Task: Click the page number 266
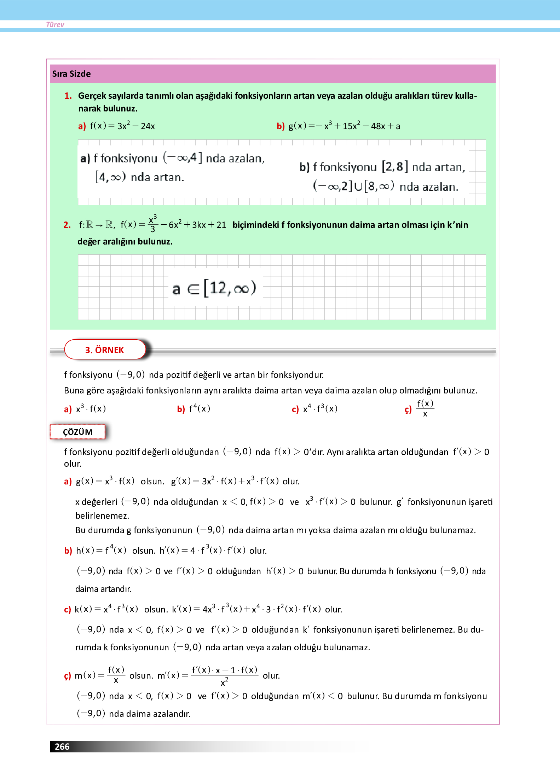point(62,747)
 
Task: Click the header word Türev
point(55,24)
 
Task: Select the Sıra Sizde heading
point(71,74)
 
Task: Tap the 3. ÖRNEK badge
point(105,350)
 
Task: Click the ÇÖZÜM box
point(78,432)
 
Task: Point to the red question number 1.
point(68,96)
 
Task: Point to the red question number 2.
point(67,225)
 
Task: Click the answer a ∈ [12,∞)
point(214,288)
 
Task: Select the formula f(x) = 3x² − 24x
point(122,126)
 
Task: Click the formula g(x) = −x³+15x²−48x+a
point(344,126)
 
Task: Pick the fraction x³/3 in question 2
point(152,224)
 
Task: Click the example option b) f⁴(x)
point(194,409)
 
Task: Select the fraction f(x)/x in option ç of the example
point(425,409)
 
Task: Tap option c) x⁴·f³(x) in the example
point(315,409)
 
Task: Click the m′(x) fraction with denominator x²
point(225,675)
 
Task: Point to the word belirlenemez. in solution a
point(102,516)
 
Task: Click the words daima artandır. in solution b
point(103,589)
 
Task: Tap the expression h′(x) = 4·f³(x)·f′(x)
point(202,551)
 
